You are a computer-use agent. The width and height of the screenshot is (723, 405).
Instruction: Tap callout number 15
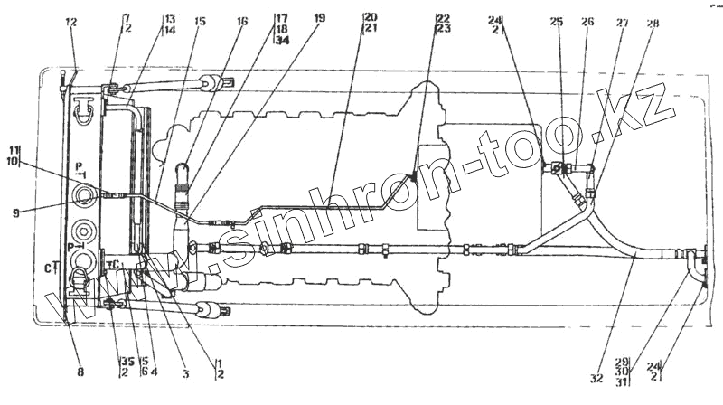click(200, 21)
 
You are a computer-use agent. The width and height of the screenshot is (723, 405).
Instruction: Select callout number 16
click(241, 20)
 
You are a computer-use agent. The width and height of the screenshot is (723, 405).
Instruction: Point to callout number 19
click(318, 18)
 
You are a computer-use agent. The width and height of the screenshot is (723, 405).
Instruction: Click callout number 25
click(556, 21)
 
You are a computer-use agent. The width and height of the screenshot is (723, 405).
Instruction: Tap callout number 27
click(621, 21)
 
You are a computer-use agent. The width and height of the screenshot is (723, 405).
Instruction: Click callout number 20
click(371, 18)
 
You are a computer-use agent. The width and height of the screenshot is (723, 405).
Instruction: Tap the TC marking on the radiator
click(113, 265)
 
